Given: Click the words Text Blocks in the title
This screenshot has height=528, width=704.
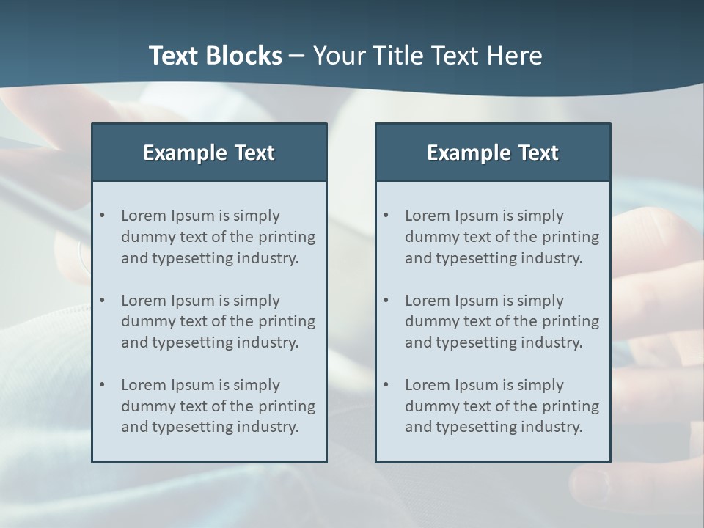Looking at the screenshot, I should coord(215,56).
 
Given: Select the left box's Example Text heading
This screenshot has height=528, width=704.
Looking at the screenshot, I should coord(209,153).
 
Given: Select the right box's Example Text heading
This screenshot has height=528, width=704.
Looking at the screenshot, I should coord(493,153).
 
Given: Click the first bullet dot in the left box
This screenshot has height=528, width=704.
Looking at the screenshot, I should coord(103,216).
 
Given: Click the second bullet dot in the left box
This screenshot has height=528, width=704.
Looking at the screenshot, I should coord(103,301).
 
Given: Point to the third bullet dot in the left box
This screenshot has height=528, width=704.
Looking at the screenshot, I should coord(103,385).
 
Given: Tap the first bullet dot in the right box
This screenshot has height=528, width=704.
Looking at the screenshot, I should coord(386,216).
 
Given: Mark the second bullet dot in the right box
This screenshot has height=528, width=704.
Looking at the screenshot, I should coord(386,301).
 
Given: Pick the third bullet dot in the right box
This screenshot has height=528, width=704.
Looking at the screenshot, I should coord(386,385).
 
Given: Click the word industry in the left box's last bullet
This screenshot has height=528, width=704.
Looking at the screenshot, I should coord(271,427).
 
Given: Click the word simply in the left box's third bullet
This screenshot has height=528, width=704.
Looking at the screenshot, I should coord(257,386).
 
